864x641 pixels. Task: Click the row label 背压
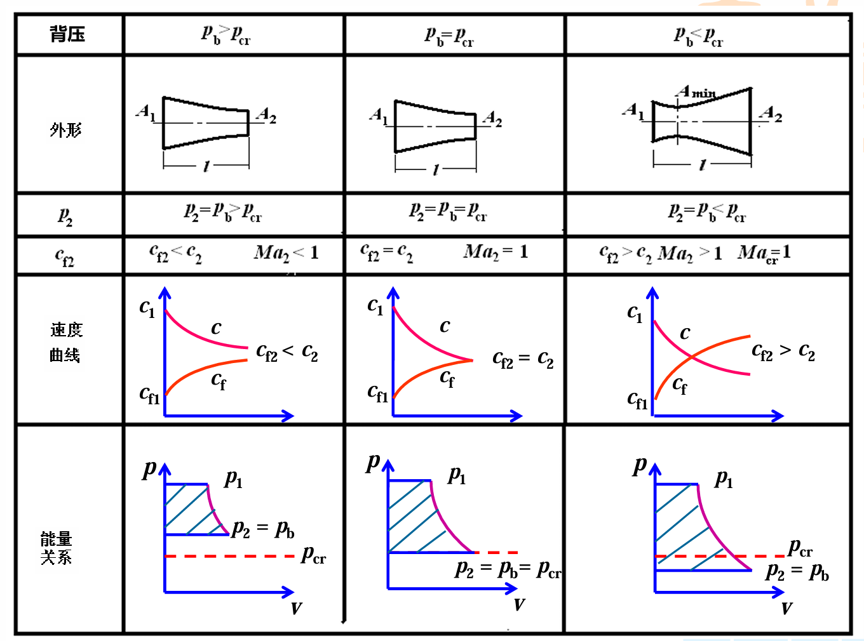(67, 34)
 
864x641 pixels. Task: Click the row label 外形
(66, 130)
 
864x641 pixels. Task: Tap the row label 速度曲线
(66, 342)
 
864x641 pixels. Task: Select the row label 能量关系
(57, 548)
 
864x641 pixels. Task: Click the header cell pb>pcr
(226, 34)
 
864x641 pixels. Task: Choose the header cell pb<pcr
(698, 36)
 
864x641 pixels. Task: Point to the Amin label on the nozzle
(696, 92)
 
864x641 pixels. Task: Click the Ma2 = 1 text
(496, 253)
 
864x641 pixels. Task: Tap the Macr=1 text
(764, 254)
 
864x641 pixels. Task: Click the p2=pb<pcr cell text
(706, 212)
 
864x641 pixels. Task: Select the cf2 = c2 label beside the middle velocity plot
(523, 360)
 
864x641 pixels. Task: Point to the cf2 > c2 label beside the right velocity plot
(783, 352)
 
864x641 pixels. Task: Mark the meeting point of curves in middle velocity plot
(472, 360)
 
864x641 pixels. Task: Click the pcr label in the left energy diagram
(313, 555)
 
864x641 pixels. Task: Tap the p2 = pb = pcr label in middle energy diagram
(508, 569)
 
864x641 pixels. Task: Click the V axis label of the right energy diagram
(786, 609)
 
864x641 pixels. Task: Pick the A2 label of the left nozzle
(266, 116)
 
